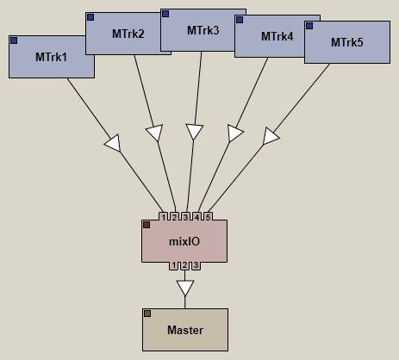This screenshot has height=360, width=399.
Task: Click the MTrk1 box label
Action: click(51, 57)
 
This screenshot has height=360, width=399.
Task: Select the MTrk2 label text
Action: click(128, 34)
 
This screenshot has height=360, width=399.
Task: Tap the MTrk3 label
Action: click(203, 30)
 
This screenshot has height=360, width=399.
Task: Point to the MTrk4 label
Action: click(277, 36)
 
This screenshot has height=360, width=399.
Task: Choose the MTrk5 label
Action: click(347, 42)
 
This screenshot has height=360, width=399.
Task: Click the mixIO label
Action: click(184, 241)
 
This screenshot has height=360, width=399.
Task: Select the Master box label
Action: click(185, 330)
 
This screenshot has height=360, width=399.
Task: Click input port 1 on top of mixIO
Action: click(164, 217)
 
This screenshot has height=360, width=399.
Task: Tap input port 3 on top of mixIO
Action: click(185, 217)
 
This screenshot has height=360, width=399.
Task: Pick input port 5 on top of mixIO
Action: click(208, 217)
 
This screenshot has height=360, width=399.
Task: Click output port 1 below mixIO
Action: click(173, 265)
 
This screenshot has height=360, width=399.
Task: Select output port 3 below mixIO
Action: click(196, 265)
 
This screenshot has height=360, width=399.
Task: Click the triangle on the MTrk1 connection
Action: click(114, 143)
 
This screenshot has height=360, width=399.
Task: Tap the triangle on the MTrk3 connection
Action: click(195, 132)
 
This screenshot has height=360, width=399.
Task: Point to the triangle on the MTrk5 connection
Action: click(270, 136)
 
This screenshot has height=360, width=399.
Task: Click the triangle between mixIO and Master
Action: click(185, 288)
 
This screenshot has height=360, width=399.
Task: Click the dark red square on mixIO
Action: click(147, 225)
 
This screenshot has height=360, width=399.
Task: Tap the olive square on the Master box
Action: click(147, 313)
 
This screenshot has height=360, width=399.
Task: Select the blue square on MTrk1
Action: click(14, 40)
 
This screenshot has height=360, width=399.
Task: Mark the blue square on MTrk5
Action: click(309, 26)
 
